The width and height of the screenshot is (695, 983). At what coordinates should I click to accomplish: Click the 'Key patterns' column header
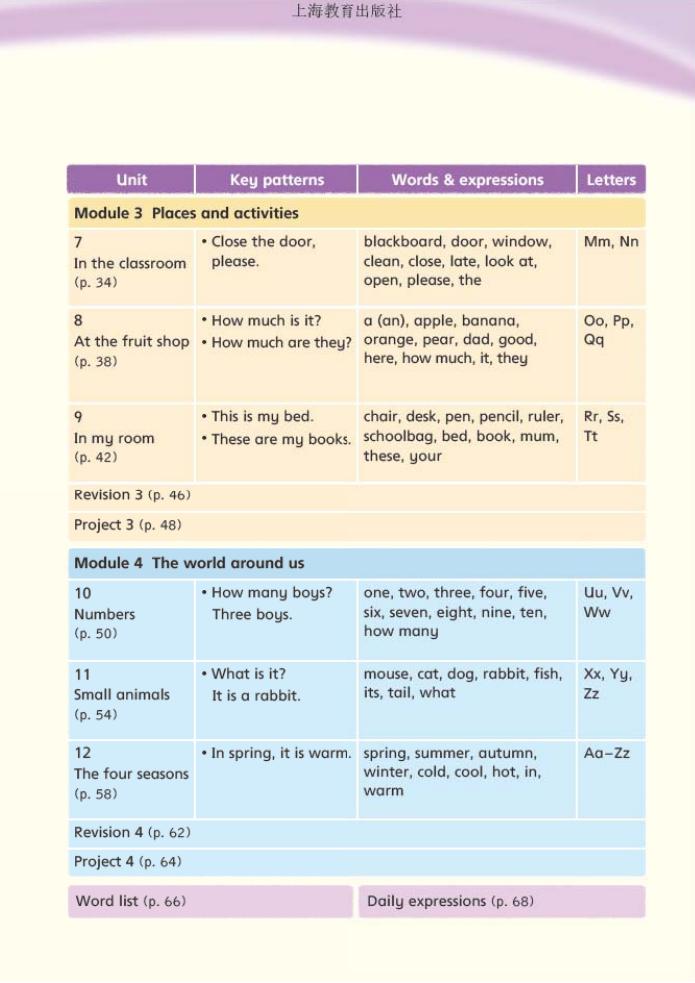click(277, 180)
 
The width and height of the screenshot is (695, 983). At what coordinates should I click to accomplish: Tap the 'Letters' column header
click(611, 180)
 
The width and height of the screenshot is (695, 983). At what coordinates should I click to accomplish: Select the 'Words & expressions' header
click(467, 180)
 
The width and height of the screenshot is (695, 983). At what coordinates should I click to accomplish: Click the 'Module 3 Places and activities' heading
click(186, 213)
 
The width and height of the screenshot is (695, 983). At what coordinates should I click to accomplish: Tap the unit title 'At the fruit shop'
click(131, 341)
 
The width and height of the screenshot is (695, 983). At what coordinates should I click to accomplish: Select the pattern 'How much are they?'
click(281, 342)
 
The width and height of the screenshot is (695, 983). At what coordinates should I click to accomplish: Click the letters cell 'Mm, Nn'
click(611, 242)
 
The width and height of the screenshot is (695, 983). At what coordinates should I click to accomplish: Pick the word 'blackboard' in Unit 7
click(399, 242)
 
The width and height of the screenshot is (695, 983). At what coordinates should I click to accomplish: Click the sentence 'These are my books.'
click(281, 439)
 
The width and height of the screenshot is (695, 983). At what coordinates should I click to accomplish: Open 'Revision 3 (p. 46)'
click(132, 495)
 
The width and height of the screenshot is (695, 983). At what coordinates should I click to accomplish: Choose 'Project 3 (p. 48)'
click(128, 525)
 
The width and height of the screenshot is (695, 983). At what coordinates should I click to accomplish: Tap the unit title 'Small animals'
click(122, 694)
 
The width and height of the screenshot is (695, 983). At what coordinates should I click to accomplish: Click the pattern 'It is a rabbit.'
click(255, 696)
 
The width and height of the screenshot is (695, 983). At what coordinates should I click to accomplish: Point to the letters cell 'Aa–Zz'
click(607, 753)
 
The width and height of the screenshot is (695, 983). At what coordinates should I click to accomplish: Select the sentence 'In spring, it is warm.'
click(281, 753)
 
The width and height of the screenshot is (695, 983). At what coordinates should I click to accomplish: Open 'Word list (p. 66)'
click(131, 901)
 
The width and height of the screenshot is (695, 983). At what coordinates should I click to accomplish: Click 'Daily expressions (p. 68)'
click(450, 901)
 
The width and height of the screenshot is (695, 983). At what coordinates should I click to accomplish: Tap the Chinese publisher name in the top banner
click(347, 12)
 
